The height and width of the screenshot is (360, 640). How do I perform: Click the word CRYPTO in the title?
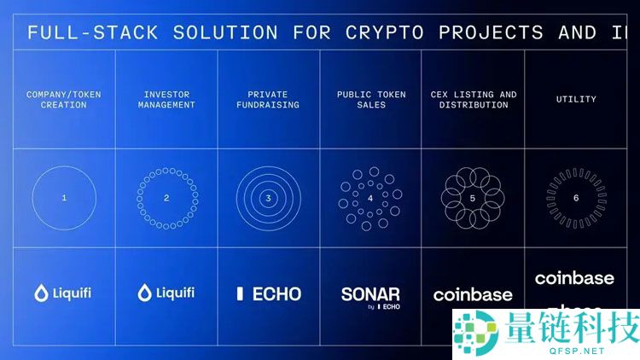click(x=386, y=33)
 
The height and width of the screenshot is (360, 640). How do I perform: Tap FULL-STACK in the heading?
click(x=93, y=33)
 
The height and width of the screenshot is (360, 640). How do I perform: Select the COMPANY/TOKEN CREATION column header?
click(x=57, y=100)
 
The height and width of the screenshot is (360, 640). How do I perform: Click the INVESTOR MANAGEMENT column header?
click(x=166, y=100)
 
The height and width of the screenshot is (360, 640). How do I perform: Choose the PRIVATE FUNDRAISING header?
click(x=269, y=100)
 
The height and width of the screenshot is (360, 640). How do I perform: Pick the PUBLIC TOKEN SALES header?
click(x=370, y=100)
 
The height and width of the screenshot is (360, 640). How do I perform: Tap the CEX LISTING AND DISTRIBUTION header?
click(x=473, y=100)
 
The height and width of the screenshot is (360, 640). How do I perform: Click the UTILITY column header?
click(x=576, y=100)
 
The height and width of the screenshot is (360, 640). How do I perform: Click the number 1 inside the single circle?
click(x=65, y=198)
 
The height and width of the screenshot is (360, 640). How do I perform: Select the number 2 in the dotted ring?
click(x=166, y=198)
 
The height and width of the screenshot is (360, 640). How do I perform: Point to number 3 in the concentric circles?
click(x=269, y=198)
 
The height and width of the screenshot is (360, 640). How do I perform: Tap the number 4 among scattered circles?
click(x=370, y=198)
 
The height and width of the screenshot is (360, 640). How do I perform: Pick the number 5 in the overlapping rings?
click(x=473, y=198)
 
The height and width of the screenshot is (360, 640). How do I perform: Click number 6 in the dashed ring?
click(x=576, y=198)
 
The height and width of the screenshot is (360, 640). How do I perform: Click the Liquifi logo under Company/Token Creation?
click(x=63, y=293)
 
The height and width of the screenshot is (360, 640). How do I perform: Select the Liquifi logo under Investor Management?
click(x=166, y=293)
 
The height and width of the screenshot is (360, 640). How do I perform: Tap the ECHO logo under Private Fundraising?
click(x=269, y=293)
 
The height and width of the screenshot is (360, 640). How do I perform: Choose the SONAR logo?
click(x=370, y=294)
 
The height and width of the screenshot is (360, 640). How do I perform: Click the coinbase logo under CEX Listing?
click(x=473, y=295)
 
